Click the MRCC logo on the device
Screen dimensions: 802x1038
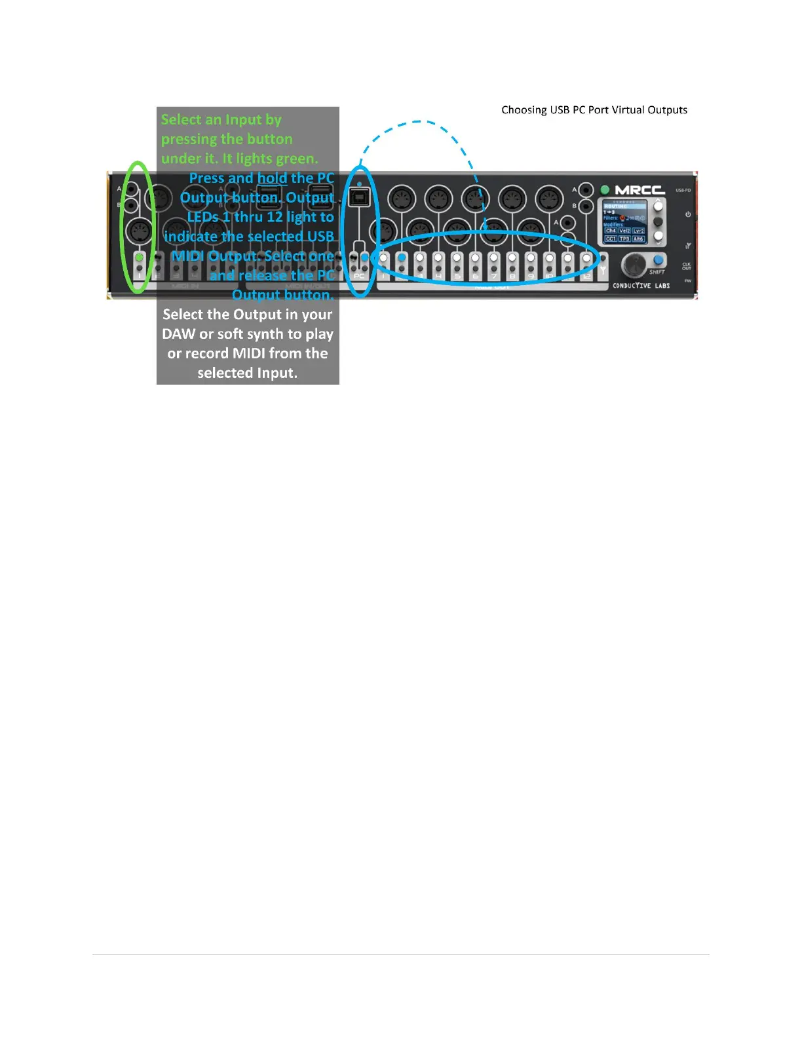coord(640,190)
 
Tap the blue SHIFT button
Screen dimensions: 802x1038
coord(658,260)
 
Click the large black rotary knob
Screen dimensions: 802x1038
coord(633,265)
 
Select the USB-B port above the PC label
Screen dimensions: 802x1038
coord(359,196)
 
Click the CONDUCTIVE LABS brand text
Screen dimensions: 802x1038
coord(641,286)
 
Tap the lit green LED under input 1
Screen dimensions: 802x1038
coord(139,258)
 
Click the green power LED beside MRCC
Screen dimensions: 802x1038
coord(605,190)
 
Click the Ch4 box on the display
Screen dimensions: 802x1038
coord(610,231)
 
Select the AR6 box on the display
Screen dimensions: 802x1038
coord(638,239)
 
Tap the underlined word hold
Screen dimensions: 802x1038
coord(272,178)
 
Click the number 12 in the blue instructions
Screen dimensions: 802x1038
coord(275,217)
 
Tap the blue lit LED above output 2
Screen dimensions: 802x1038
coord(402,258)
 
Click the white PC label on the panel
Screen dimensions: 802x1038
coord(359,277)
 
